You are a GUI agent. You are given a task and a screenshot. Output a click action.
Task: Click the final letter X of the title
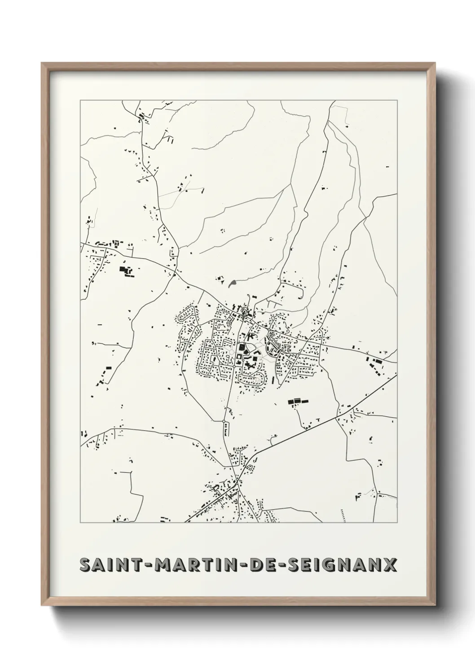coord(391,564)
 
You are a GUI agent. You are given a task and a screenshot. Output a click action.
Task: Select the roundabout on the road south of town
coord(224,421)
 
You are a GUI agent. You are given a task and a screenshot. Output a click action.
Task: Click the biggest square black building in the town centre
coord(242,347)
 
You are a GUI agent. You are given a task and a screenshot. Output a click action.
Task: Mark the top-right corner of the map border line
coord(397,100)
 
